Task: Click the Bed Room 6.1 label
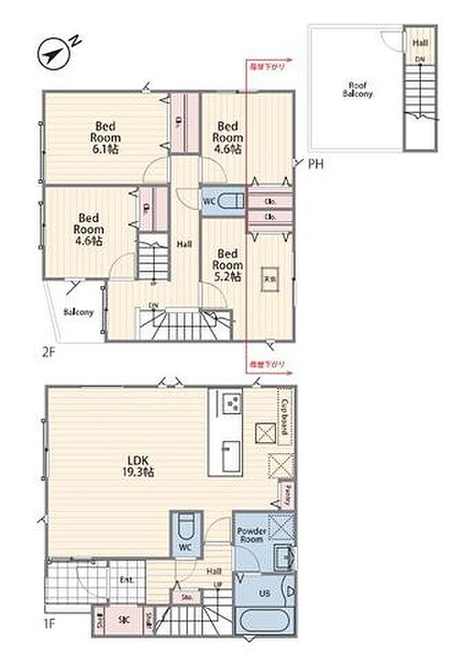[106, 137]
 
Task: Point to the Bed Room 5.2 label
[228, 265]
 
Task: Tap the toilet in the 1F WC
[187, 527]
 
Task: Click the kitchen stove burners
[233, 405]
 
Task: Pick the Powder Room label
[251, 535]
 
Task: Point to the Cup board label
[285, 410]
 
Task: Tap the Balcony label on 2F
[77, 312]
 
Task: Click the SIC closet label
[126, 617]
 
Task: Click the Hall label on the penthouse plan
[420, 44]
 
